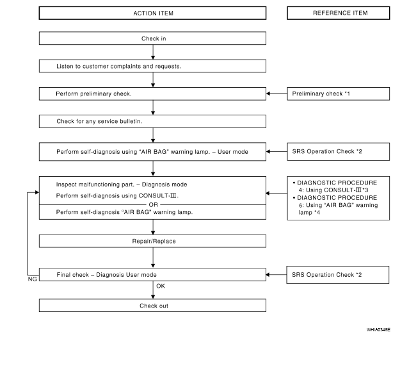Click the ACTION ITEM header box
(x=152, y=13)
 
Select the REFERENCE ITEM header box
(x=339, y=13)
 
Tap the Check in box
(x=152, y=38)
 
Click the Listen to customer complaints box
(x=152, y=66)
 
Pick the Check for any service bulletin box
(x=152, y=122)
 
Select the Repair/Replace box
(x=152, y=241)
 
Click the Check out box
(x=152, y=306)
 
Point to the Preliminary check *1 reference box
(x=339, y=94)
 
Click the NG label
(x=33, y=279)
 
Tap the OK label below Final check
(x=161, y=286)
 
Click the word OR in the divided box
(x=154, y=205)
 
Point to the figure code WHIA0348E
(x=378, y=330)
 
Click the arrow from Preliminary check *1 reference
(x=277, y=94)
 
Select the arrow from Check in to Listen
(x=153, y=53)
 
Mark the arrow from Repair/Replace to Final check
(x=153, y=258)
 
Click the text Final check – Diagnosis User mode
(x=106, y=275)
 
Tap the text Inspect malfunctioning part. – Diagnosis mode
(x=122, y=185)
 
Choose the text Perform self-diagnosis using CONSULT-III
(x=117, y=195)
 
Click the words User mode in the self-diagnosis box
(x=233, y=152)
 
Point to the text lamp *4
(x=309, y=212)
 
